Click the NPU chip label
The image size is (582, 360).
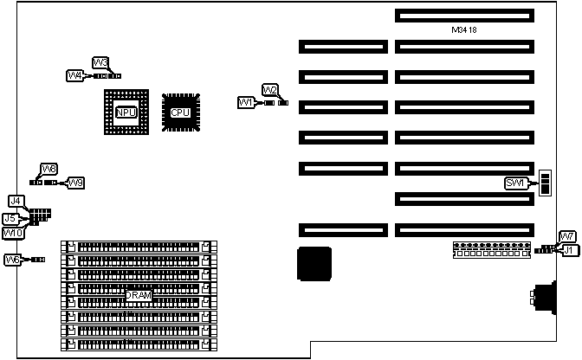126,112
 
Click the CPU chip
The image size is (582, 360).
180,112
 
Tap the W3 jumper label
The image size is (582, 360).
100,62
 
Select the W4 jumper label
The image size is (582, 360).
75,76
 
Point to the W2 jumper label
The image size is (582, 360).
270,90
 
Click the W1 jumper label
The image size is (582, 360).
245,103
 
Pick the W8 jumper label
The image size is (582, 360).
49,169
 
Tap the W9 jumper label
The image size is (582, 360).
76,183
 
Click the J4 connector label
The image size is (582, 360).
15,201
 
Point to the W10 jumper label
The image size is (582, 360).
12,233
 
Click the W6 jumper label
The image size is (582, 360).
13,260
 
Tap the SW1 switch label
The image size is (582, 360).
515,183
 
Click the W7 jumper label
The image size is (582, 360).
566,237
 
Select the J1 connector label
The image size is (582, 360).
569,250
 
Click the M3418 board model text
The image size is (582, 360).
464,30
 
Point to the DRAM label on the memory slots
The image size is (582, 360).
138,296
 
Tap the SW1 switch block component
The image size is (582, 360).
545,183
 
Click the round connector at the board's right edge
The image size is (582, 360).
544,298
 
